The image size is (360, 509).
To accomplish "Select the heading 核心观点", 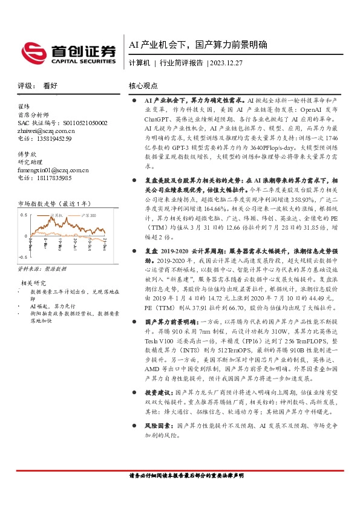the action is [143, 86].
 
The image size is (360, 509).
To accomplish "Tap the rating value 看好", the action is [50, 86].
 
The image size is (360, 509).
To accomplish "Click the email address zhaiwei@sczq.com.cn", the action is [46, 131].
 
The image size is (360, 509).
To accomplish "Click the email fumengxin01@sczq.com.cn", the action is [53, 170].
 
